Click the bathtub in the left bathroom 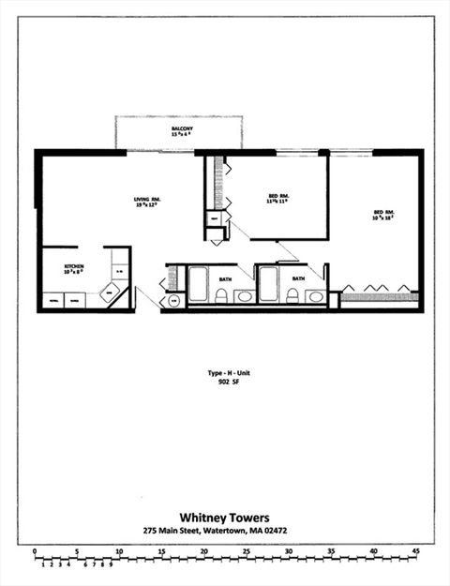coord(198,284)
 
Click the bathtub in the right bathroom coord(268,284)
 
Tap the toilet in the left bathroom coord(221,296)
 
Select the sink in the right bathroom coord(315,297)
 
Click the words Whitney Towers coord(224,516)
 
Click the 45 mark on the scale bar coord(416,551)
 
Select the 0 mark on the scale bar coord(34,551)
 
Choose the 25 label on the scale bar coord(247,551)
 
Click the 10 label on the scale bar coord(119,551)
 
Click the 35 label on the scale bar coord(331,551)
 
